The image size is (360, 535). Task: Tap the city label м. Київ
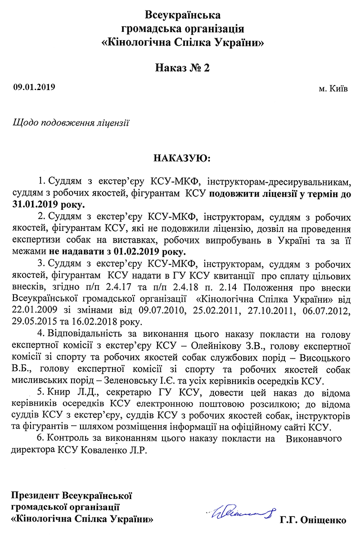[x=333, y=89]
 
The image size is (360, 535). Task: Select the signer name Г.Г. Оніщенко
[x=313, y=521]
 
